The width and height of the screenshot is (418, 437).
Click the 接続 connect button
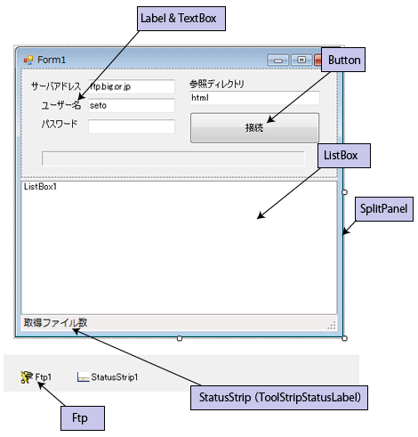tap(254, 127)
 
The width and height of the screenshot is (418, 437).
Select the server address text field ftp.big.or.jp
tap(132, 86)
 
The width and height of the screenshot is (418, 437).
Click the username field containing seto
tap(132, 106)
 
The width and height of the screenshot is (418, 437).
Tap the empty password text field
tap(132, 126)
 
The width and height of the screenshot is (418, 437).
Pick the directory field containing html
tap(254, 98)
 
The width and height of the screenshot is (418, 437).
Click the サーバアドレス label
tap(56, 86)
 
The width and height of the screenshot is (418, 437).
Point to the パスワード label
tap(60, 124)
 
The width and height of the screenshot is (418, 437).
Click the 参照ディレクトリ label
tap(217, 84)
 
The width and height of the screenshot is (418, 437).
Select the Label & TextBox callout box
tap(181, 19)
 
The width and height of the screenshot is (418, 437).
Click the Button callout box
tap(343, 60)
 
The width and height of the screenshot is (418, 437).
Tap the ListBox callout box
tap(344, 156)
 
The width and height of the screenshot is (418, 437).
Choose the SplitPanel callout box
tap(384, 209)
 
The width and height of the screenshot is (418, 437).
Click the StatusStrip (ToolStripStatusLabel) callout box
tap(279, 398)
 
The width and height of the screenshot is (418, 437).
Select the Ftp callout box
tap(83, 418)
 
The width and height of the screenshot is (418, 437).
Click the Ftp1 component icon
tap(27, 377)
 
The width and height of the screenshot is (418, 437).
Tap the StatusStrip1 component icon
tap(83, 377)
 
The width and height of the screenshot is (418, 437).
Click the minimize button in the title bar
tap(277, 61)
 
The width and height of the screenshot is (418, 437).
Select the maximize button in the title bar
tap(301, 61)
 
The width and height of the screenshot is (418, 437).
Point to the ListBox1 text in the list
tap(40, 187)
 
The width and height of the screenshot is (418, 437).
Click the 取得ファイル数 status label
tap(55, 322)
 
